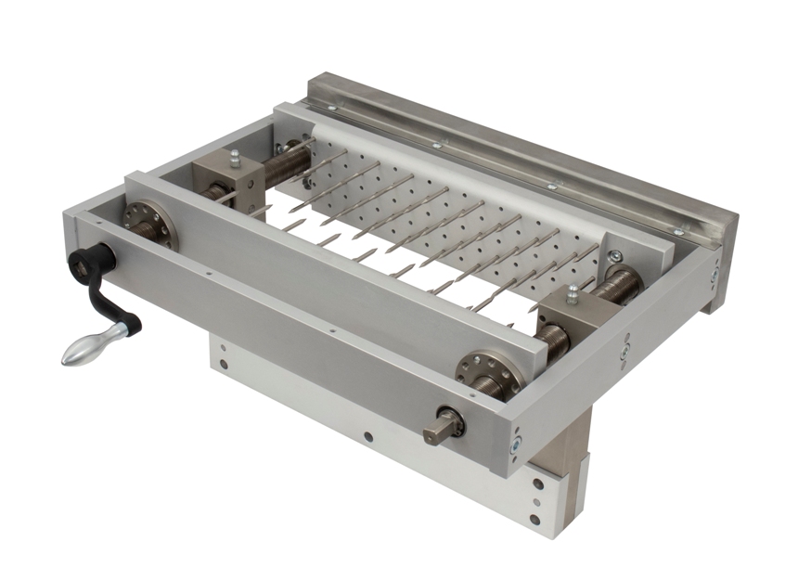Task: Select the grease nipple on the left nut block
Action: coord(235,157)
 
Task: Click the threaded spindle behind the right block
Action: coord(618,284)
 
